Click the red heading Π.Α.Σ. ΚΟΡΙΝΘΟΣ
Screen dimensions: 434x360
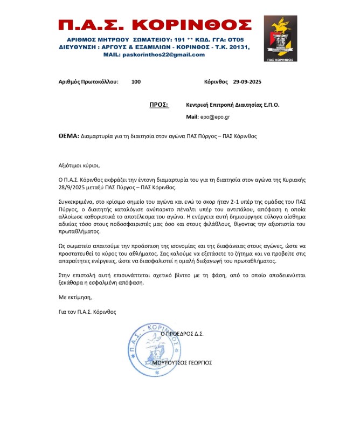click(155, 25)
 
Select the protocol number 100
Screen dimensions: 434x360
click(136, 82)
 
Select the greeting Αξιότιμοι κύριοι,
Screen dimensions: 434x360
click(79, 165)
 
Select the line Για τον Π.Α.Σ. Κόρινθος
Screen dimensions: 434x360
click(87, 312)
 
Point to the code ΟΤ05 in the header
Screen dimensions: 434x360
click(236, 40)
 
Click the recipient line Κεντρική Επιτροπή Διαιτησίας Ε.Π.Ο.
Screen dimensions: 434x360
click(232, 105)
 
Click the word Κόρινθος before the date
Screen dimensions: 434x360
click(217, 82)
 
